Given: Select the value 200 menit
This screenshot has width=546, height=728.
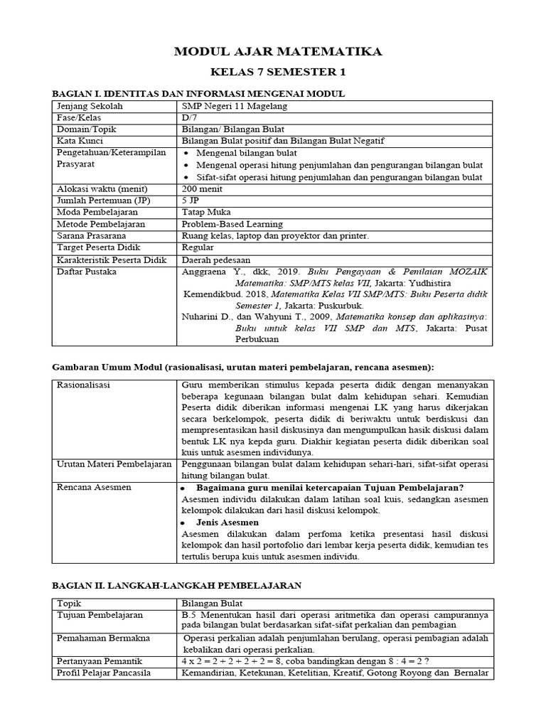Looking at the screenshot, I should pos(203,188).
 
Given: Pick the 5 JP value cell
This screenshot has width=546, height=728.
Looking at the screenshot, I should pos(191,200).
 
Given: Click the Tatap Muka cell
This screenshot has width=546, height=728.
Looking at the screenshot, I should pos(206,212).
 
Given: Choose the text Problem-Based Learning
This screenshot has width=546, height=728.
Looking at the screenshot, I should pos(232,224).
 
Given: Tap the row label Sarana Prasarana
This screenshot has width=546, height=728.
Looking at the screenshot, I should pos(91,235).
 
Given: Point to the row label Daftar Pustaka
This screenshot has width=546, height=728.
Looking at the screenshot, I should pos(86,271).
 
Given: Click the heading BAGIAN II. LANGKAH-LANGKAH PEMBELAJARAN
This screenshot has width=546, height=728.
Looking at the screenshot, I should pos(178,585).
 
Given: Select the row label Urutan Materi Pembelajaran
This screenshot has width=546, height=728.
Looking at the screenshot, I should pos(114,464).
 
